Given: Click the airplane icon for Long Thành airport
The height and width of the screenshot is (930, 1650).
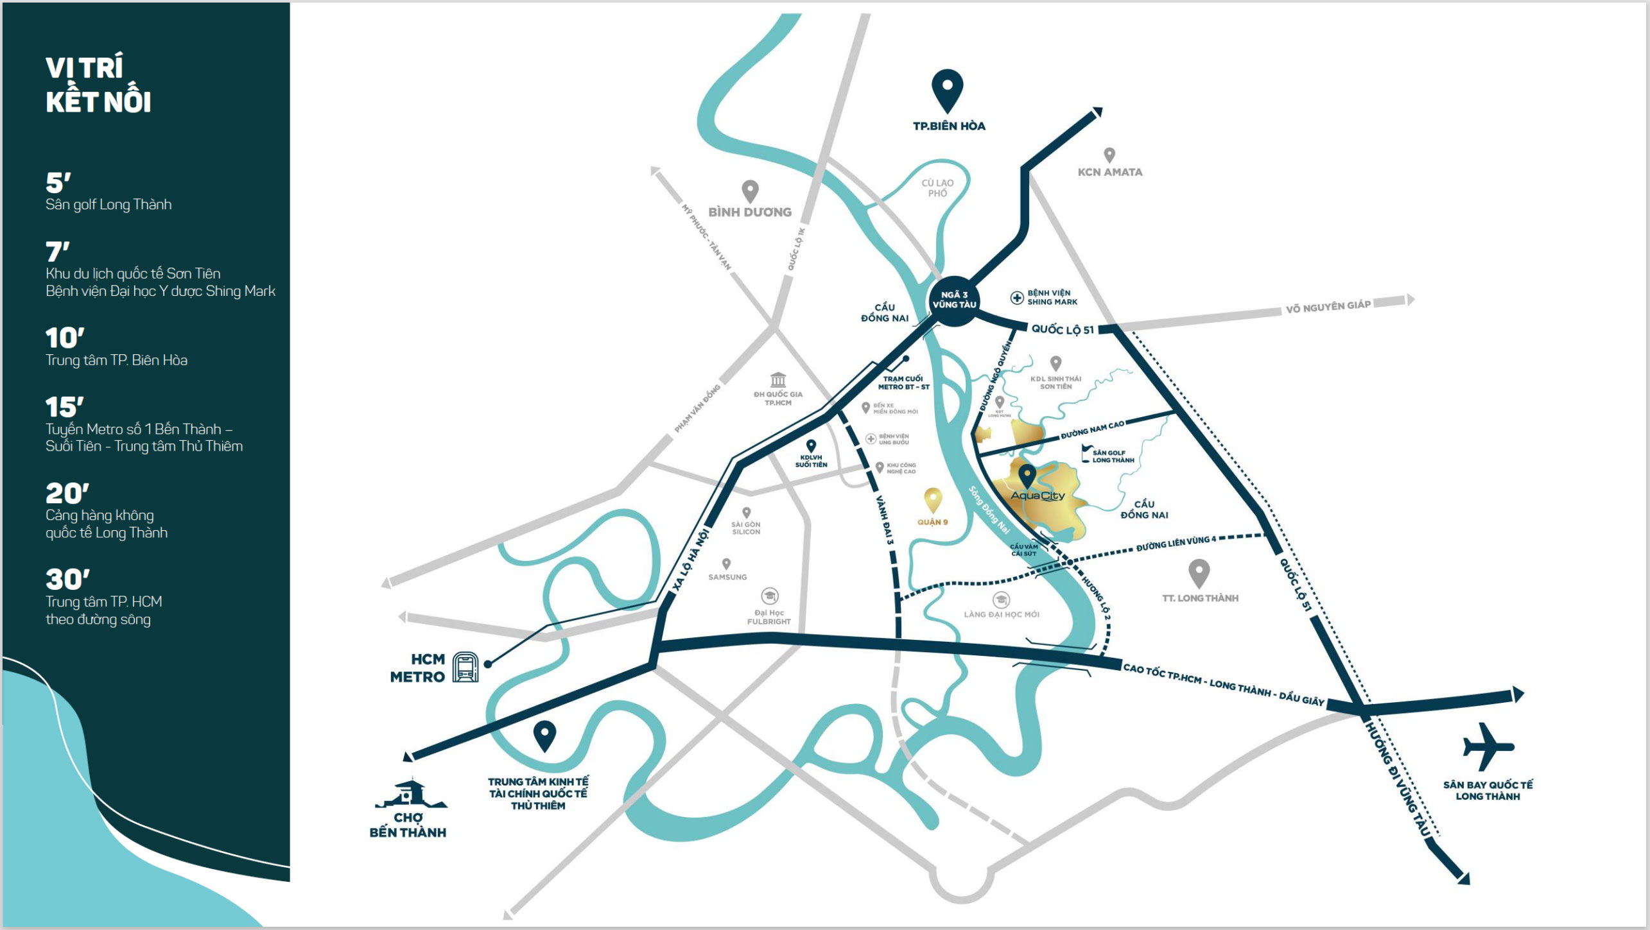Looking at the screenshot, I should (x=1488, y=746).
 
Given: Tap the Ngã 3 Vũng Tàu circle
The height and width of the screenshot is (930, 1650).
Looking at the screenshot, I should (x=954, y=300).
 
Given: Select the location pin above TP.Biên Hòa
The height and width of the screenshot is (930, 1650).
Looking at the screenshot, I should (x=948, y=90).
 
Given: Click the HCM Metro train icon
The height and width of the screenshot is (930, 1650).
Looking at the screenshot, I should (x=465, y=667).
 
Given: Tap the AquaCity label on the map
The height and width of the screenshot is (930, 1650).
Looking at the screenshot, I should (x=1038, y=495).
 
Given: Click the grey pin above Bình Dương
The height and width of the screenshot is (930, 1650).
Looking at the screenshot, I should (x=750, y=191).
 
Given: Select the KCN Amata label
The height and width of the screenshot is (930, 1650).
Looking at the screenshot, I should (x=1110, y=172).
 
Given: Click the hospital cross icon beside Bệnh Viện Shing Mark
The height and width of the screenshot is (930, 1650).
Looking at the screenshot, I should (x=1017, y=298).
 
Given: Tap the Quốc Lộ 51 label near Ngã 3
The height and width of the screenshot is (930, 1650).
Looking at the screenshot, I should (x=1063, y=330).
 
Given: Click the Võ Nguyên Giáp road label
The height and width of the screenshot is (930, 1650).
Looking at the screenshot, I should (x=1328, y=307).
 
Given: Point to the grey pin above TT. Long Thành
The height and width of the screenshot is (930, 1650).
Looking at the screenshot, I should (x=1199, y=573).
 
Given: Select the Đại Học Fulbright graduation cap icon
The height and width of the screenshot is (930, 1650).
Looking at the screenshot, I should (x=770, y=596).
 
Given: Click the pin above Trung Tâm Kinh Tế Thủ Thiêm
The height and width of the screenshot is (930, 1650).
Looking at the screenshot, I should (x=544, y=736).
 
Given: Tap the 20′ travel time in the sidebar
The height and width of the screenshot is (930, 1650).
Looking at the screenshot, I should (x=67, y=494).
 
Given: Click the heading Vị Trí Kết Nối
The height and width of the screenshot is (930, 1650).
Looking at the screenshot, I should (x=98, y=85).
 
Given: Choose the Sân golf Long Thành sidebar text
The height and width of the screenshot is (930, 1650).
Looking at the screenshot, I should (x=109, y=205).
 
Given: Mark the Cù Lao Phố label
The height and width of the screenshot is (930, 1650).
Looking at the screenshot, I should (x=937, y=188).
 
